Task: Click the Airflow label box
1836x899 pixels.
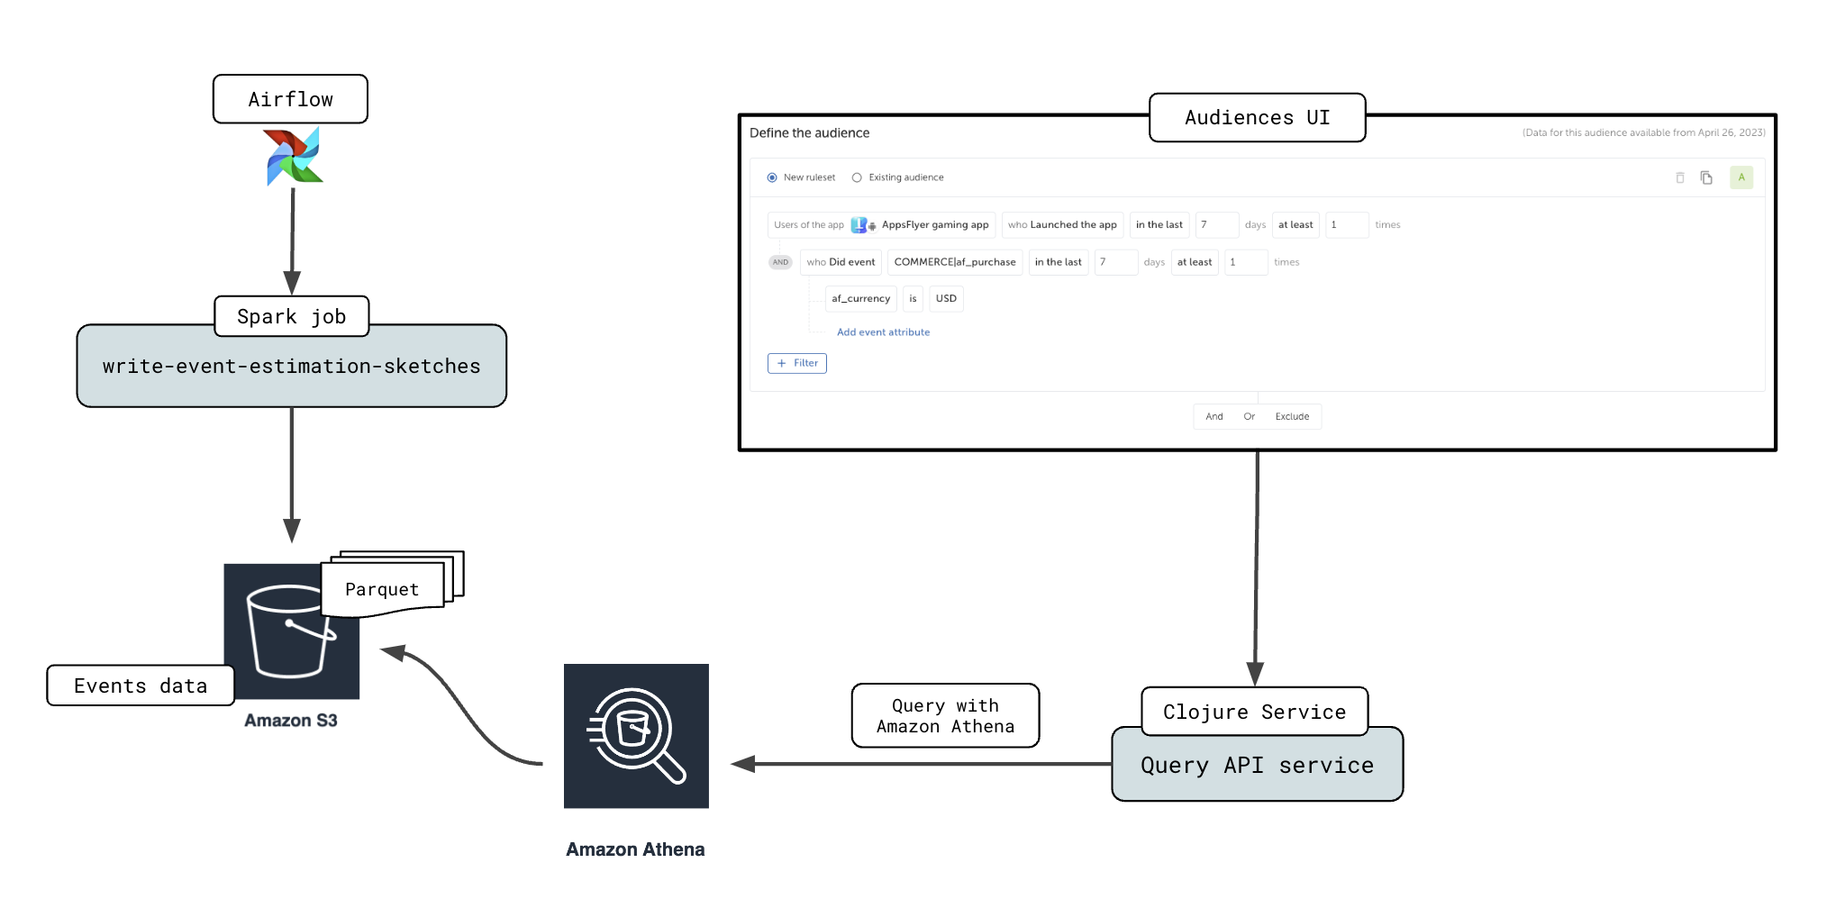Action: click(x=290, y=99)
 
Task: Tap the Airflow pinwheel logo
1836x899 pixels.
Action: click(x=294, y=157)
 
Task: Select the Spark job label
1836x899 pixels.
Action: click(x=291, y=316)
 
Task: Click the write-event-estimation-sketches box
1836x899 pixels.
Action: click(x=291, y=367)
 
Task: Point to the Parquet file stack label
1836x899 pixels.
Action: click(x=383, y=589)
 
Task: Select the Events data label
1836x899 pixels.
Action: click(x=140, y=686)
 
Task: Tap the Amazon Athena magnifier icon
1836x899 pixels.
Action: click(x=636, y=735)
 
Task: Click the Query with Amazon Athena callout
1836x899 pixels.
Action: click(x=945, y=715)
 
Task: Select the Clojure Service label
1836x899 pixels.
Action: click(x=1254, y=712)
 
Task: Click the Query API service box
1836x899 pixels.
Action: click(x=1257, y=765)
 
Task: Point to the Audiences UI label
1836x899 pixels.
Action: click(x=1257, y=117)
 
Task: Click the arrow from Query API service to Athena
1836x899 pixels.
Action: click(x=928, y=764)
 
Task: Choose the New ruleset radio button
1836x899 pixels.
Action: click(x=772, y=177)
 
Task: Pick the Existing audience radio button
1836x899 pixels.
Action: click(x=857, y=177)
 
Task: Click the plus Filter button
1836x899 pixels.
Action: click(x=797, y=363)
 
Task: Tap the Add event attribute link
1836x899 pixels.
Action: click(x=883, y=332)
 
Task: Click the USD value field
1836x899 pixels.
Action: click(x=946, y=298)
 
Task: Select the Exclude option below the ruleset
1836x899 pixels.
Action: click(x=1292, y=416)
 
